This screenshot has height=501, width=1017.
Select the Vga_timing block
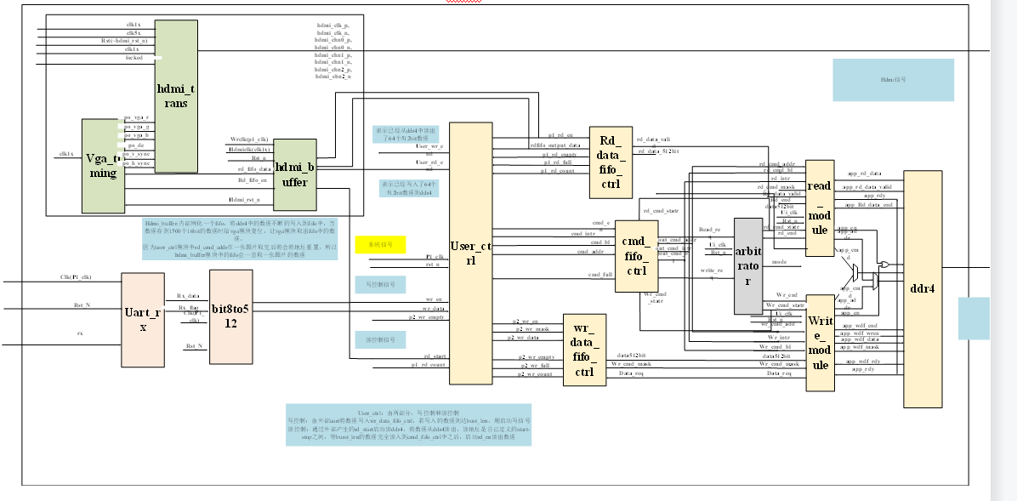(x=104, y=165)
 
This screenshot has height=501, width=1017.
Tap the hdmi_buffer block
(x=295, y=175)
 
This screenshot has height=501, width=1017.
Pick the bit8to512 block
(x=230, y=317)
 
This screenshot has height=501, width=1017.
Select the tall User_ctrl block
(x=470, y=253)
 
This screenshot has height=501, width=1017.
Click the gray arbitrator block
(x=748, y=266)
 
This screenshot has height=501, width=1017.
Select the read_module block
(x=820, y=208)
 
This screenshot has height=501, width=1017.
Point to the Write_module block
(x=821, y=343)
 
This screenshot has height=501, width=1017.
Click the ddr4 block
(x=923, y=289)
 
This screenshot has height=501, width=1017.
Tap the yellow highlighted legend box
(x=380, y=244)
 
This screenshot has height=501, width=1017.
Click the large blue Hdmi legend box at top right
(x=893, y=80)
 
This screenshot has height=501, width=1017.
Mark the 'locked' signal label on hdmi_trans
(x=134, y=57)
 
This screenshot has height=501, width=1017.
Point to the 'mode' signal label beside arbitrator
(x=779, y=262)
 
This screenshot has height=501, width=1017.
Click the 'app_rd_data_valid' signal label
(x=866, y=186)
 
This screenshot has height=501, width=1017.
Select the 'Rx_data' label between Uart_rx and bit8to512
(x=188, y=296)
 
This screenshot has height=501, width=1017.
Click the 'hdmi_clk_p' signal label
(x=332, y=26)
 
